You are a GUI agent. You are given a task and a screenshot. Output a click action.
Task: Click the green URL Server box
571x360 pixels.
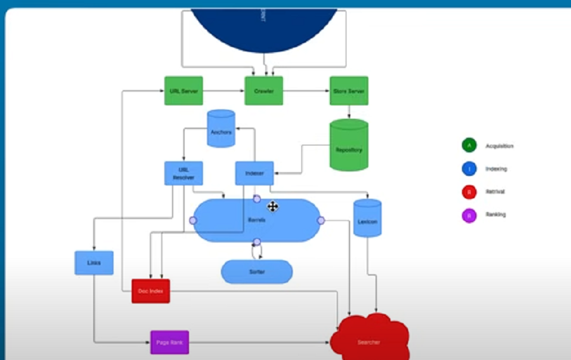(x=183, y=91)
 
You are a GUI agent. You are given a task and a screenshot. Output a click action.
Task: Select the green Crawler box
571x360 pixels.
(x=264, y=91)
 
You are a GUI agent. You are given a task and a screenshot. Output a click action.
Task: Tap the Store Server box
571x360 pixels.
(x=349, y=91)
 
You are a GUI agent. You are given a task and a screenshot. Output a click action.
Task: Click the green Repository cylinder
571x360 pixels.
(x=349, y=145)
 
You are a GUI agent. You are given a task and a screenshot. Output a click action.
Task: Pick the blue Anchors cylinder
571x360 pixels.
(x=221, y=130)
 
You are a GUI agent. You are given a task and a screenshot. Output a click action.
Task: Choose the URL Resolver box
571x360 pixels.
(x=183, y=173)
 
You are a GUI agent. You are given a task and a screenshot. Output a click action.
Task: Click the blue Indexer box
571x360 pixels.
(x=254, y=173)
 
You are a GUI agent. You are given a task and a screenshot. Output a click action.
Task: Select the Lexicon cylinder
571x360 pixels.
(x=367, y=218)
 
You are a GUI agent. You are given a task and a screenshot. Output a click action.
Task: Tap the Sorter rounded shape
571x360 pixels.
(x=256, y=272)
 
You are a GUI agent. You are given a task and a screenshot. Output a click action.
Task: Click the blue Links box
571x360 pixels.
(x=94, y=263)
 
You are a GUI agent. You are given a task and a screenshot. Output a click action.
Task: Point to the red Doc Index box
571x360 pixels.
(x=151, y=291)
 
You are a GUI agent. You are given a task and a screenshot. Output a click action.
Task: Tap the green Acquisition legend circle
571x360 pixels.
(x=469, y=145)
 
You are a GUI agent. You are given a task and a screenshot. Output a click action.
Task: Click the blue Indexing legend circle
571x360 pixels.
(x=469, y=169)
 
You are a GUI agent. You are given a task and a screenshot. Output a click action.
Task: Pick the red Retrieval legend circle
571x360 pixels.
(x=469, y=192)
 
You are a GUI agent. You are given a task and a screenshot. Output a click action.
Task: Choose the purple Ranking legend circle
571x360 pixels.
(x=469, y=215)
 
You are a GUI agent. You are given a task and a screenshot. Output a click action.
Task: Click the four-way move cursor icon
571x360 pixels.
(x=272, y=206)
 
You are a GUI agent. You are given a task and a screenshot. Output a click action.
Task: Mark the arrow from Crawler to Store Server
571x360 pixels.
(x=306, y=91)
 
